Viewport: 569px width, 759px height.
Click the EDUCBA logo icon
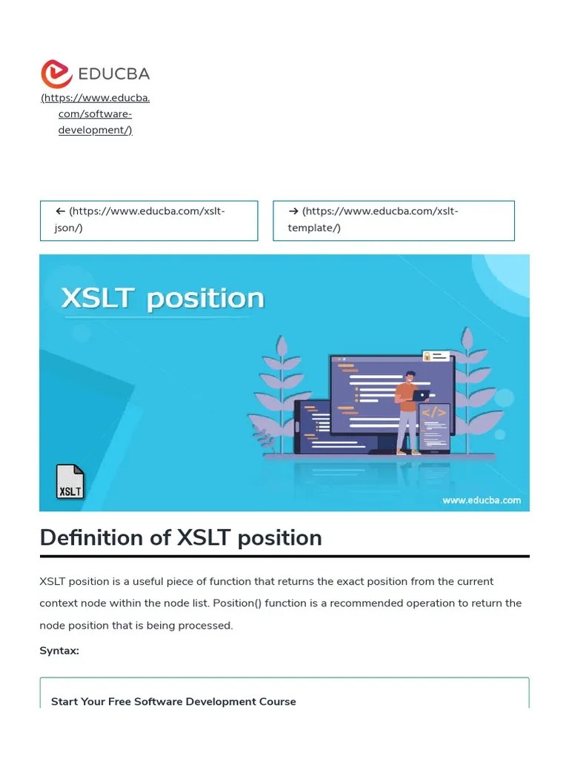pos(56,74)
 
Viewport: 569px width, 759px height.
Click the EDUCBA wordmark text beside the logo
pos(114,74)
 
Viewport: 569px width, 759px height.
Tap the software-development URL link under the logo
pos(96,114)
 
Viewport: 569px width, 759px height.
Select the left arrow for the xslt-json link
pos(60,211)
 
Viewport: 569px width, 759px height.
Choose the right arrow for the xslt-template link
pos(293,211)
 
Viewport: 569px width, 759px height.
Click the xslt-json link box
pos(149,220)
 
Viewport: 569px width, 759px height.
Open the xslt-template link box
pos(393,220)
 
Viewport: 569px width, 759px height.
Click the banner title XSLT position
pos(162,299)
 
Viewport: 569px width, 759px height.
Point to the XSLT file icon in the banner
pos(70,482)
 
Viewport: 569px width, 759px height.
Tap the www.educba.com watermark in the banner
pos(481,500)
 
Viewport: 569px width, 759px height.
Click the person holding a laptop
pos(406,408)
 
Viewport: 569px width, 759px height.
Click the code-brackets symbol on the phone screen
pos(434,413)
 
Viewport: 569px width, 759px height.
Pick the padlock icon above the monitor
pos(427,357)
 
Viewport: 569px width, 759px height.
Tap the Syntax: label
pos(59,651)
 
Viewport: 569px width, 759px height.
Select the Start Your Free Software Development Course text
pos(173,701)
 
